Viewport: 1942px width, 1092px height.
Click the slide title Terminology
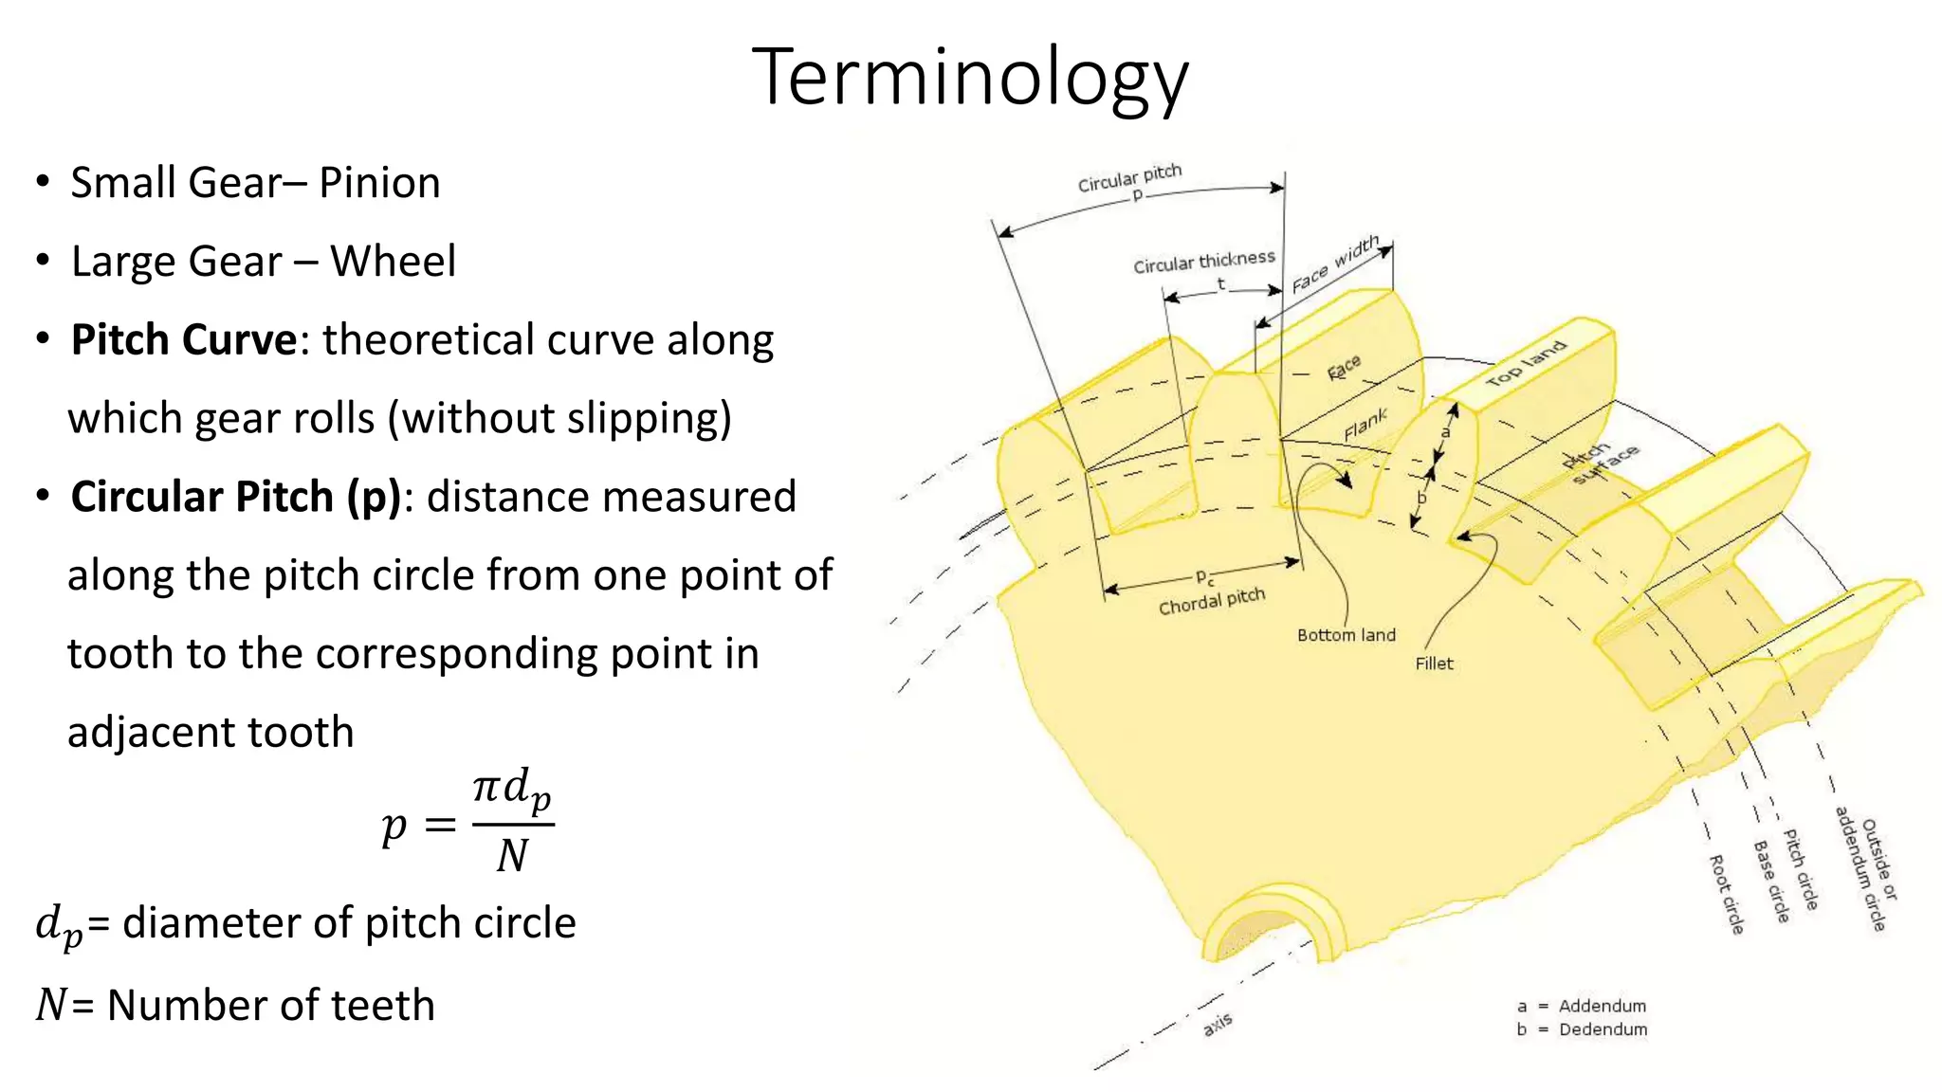(x=970, y=78)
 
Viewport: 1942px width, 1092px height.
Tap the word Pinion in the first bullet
(x=379, y=183)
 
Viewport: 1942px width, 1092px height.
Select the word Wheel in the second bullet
(x=393, y=262)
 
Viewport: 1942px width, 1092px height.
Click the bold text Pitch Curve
(x=184, y=340)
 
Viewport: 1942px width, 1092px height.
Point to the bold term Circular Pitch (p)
(x=236, y=497)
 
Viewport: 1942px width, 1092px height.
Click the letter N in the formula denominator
(x=512, y=856)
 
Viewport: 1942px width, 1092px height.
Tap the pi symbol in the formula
(x=485, y=787)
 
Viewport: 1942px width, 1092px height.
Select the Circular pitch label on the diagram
(x=1129, y=177)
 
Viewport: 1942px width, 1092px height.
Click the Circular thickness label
(x=1203, y=261)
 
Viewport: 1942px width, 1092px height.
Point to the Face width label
(x=1335, y=264)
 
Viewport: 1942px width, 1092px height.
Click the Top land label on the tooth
(x=1526, y=364)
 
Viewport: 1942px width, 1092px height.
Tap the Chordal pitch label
(x=1212, y=601)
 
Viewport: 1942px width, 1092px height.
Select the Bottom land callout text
(x=1346, y=635)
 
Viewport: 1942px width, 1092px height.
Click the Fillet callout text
(x=1434, y=664)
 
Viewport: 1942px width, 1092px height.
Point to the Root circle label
(x=1726, y=894)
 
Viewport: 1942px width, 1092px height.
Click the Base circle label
(x=1770, y=881)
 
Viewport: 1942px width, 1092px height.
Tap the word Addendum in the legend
(x=1602, y=1006)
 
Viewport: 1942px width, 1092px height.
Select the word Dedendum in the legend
(x=1603, y=1029)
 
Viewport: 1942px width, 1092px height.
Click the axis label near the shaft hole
(x=1218, y=1024)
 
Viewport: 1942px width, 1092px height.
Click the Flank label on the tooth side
(x=1365, y=425)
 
